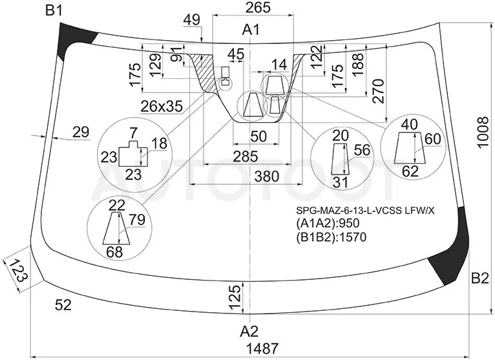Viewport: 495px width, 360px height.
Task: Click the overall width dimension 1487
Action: tap(262, 348)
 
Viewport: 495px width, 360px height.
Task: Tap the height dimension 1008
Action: tap(483, 132)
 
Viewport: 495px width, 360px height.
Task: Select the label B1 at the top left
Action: tap(54, 11)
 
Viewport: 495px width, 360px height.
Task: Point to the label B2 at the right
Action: tap(480, 279)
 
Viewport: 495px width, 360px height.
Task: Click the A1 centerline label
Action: tap(251, 30)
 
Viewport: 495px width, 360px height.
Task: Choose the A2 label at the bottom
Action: tap(249, 332)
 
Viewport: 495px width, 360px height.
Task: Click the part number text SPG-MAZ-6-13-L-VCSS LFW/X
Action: tap(365, 211)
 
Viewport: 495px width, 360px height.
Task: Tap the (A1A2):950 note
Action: tap(328, 223)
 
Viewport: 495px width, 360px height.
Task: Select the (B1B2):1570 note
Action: tap(331, 237)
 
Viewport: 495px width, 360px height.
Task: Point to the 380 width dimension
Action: tap(266, 176)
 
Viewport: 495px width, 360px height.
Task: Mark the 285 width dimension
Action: tap(246, 156)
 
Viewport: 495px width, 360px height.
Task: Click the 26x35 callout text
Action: tap(162, 107)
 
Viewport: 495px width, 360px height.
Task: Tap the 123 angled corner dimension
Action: tap(17, 271)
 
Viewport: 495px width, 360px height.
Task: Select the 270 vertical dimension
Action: tap(379, 91)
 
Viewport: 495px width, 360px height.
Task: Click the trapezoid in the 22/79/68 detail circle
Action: tap(116, 228)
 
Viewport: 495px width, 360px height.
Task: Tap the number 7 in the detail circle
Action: tap(133, 133)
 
